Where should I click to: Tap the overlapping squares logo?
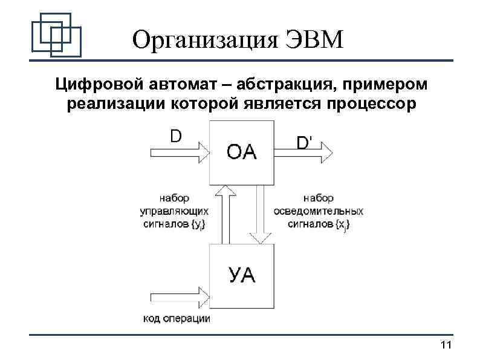tap(56, 36)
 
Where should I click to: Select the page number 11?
tap(446, 345)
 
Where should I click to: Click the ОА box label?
tap(242, 151)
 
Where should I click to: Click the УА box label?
tap(242, 277)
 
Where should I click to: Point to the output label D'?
tap(305, 143)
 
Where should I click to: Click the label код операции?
tap(177, 319)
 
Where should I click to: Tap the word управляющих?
tap(174, 211)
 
